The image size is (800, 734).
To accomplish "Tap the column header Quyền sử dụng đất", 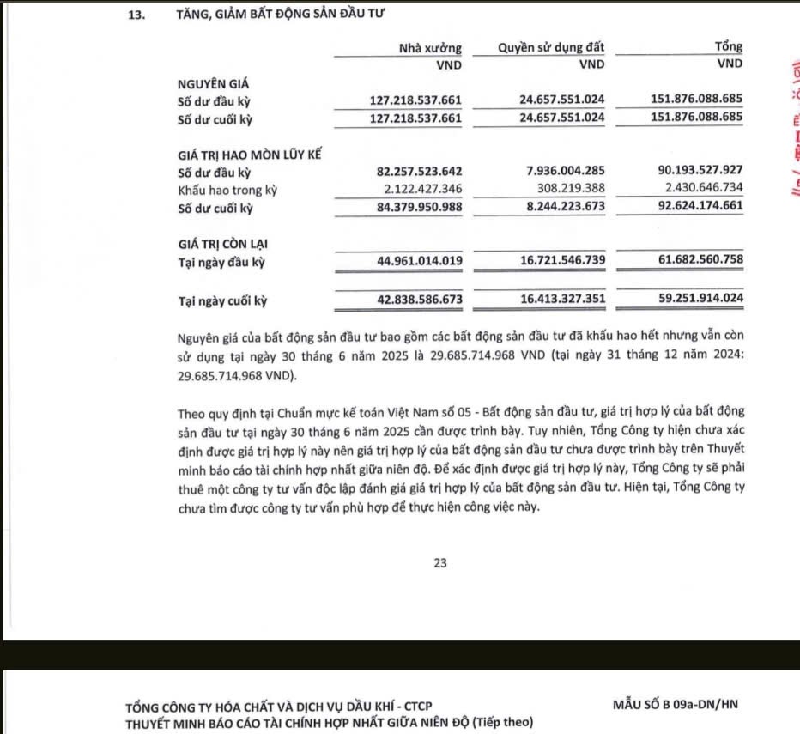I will click(551, 47).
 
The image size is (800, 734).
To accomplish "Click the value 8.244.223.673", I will click(562, 208).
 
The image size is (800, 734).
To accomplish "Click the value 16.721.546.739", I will click(562, 261).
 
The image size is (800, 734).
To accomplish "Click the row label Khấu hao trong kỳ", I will click(227, 190).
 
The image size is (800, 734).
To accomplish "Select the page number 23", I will click(441, 563).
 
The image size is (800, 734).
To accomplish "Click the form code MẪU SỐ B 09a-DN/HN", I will click(676, 705).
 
